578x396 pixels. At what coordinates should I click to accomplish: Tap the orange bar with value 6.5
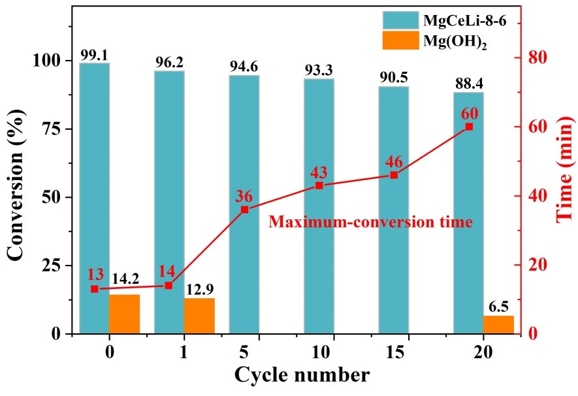tap(498, 325)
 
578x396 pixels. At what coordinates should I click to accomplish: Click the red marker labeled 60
tap(469, 127)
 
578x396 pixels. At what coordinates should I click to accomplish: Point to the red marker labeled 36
tap(244, 209)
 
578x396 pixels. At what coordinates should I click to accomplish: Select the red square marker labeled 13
tap(94, 289)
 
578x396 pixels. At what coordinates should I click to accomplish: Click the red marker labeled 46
tap(394, 175)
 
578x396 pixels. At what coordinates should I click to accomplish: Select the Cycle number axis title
tap(301, 375)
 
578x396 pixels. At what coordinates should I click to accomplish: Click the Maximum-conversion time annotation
tap(370, 222)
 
